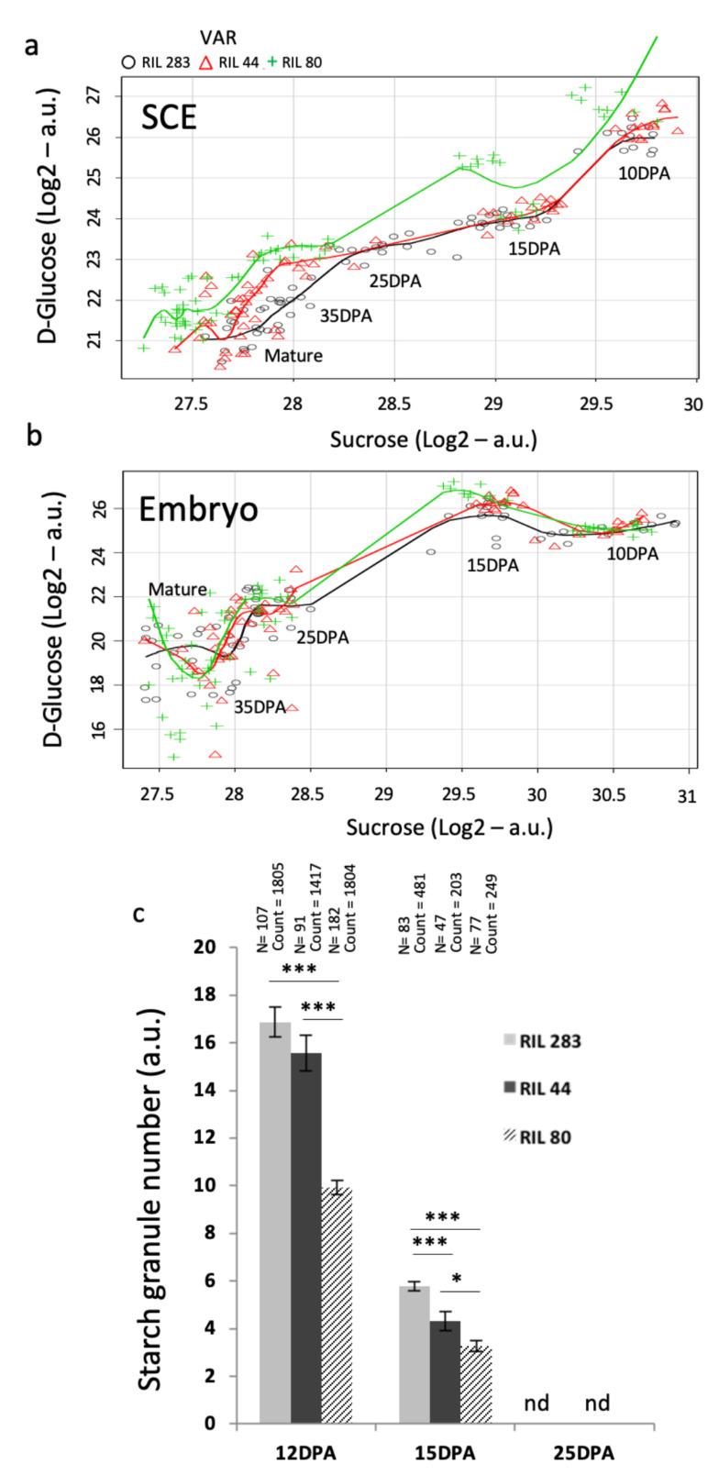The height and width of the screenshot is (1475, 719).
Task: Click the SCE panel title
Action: (169, 116)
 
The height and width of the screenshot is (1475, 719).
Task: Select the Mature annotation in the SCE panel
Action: (293, 355)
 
